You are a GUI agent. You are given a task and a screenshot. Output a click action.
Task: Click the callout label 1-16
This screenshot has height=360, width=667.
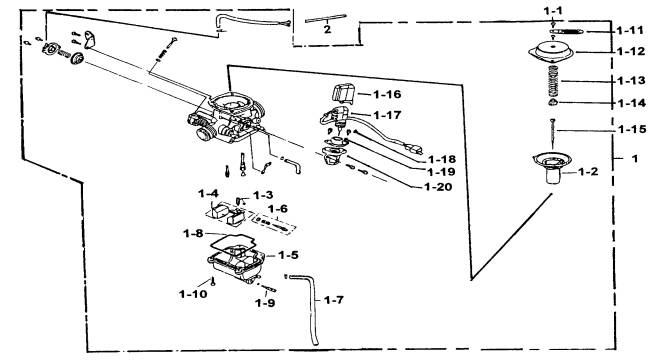[387, 94]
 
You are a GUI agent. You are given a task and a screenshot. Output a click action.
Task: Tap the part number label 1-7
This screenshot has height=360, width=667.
[333, 300]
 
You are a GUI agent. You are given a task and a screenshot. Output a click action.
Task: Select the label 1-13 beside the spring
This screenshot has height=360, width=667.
[631, 80]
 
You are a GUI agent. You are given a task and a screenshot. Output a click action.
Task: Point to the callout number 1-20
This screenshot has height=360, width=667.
[438, 187]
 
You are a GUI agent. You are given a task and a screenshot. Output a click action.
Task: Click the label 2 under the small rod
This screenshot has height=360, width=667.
[327, 29]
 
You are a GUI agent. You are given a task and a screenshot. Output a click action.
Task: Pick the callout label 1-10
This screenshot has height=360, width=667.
[193, 294]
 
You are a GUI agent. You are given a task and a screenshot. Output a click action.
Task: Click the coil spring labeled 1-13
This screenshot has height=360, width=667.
[552, 81]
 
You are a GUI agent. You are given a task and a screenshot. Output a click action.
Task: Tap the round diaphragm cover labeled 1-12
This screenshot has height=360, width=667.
[551, 52]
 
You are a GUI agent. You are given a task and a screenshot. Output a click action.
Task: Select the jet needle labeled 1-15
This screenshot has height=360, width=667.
[553, 134]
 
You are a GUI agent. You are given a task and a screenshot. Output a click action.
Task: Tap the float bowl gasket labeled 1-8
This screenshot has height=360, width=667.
[232, 244]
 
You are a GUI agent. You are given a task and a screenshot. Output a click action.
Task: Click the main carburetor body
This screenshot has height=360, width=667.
[225, 118]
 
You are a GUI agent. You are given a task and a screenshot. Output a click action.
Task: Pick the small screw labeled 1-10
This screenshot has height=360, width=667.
[213, 281]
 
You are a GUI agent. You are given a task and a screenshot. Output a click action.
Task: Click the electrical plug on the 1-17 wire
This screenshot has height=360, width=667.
[414, 149]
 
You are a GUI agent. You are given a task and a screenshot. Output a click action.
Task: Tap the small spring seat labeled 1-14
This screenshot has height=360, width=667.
[552, 102]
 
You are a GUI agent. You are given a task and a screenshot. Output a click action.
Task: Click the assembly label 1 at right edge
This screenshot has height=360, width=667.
[635, 159]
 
